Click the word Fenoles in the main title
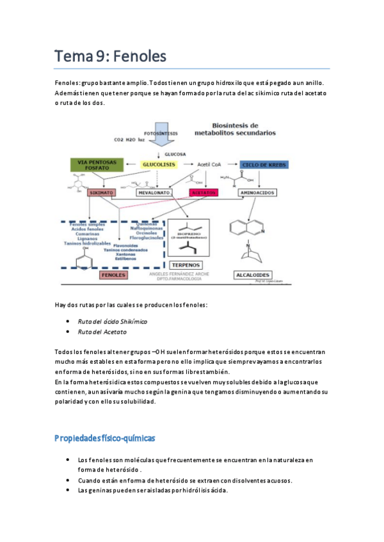[136, 56]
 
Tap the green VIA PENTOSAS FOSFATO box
[96, 165]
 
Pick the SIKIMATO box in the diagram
[102, 192]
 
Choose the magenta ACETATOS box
[204, 192]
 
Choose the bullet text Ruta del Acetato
[102, 332]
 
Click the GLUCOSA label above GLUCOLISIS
[175, 154]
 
